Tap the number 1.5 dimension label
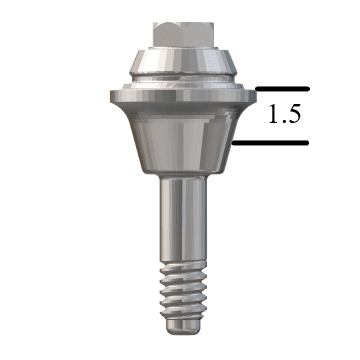[285, 115]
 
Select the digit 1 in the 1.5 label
[273, 115]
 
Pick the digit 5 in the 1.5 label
[293, 115]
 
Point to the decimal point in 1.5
[283, 122]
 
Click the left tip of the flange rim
[109, 97]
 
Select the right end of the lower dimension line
[307, 142]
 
